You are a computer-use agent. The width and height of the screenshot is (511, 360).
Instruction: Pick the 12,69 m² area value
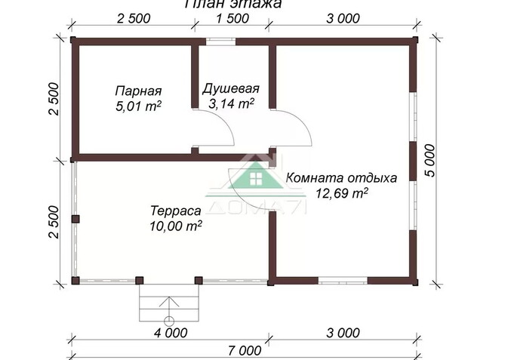[343, 194]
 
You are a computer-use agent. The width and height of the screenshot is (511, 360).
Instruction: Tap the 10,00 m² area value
[176, 224]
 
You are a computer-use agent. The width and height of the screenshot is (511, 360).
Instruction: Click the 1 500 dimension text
[230, 18]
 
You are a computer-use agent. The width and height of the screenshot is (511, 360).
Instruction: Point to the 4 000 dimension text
[171, 332]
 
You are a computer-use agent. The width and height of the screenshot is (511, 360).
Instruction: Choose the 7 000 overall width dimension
[243, 350]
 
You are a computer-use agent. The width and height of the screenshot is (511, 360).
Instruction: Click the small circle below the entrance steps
[168, 319]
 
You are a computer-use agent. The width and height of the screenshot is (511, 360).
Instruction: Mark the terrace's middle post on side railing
[75, 219]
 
